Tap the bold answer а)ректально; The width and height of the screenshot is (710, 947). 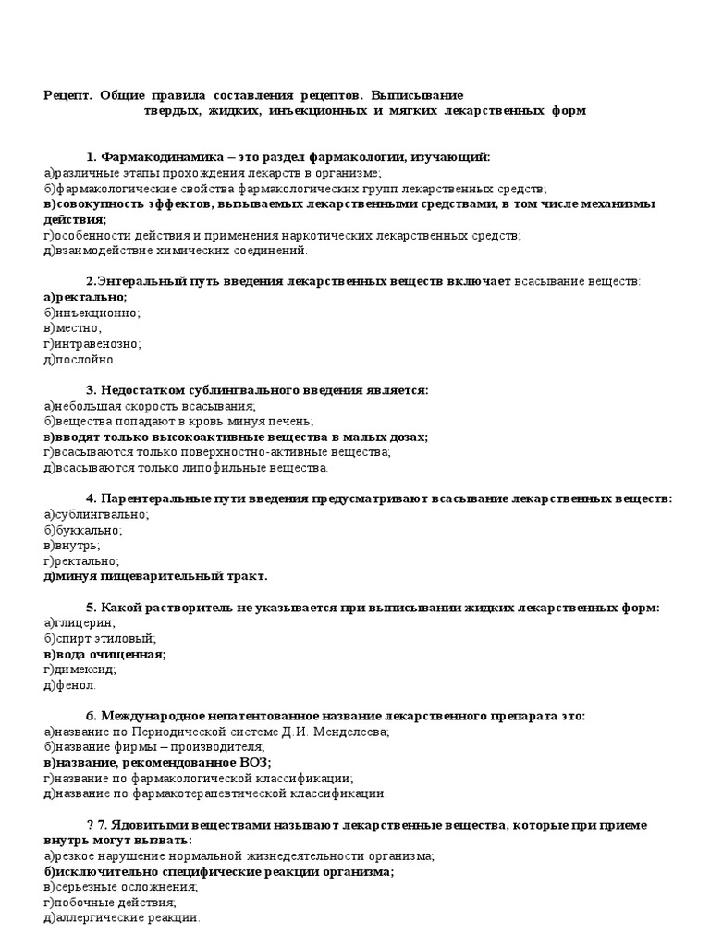tap(85, 297)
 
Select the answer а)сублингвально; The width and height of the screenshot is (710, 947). tap(95, 514)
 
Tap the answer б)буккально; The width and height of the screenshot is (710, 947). tap(83, 530)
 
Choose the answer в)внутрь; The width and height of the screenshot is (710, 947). tap(72, 546)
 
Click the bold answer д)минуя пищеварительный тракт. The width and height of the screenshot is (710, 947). tap(155, 576)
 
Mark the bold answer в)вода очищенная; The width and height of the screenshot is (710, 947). tap(104, 654)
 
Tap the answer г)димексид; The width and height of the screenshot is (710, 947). tap(80, 670)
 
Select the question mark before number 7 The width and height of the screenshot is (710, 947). tap(90, 824)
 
